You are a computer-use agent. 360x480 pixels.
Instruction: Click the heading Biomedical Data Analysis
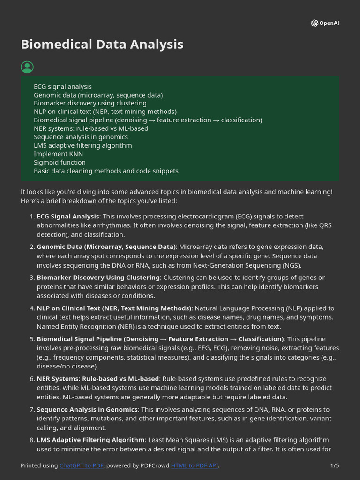coord(102,45)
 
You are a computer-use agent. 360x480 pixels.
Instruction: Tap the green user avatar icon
coord(27,67)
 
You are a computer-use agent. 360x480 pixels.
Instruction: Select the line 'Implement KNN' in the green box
coord(58,154)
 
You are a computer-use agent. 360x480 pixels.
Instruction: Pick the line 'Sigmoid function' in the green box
coord(60,162)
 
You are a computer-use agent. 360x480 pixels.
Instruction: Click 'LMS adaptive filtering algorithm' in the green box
coord(82,145)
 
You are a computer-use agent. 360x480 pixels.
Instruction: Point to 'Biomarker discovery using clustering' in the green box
coord(90,103)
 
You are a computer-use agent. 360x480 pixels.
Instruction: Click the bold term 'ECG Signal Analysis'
coord(68,217)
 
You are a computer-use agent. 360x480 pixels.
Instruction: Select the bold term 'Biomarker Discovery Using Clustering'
coord(98,277)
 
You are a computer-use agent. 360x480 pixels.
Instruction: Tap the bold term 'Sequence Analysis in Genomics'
coord(87,410)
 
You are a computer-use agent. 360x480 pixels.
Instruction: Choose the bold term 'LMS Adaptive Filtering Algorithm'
coord(90,440)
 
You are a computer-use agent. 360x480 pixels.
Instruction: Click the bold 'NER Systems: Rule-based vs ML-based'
coord(98,379)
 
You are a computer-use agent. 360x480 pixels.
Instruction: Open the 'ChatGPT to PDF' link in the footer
coord(82,465)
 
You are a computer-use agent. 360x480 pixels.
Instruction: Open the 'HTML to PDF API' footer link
coord(195,465)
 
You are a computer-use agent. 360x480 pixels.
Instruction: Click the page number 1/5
coord(334,465)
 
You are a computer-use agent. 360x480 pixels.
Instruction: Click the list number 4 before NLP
coord(31,308)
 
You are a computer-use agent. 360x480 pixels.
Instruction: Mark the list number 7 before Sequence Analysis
coord(31,410)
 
